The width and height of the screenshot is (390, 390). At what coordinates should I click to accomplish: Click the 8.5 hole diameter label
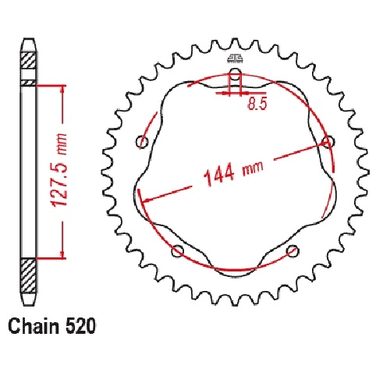257,104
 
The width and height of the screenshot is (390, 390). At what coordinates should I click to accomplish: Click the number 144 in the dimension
219,175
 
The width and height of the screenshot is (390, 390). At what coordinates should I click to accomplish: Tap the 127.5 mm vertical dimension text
59,170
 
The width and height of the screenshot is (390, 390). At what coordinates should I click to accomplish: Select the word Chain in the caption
34,326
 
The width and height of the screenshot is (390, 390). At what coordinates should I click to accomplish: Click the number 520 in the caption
80,326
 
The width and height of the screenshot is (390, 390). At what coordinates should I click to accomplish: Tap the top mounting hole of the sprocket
236,73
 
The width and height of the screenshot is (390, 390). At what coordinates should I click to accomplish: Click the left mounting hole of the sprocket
143,142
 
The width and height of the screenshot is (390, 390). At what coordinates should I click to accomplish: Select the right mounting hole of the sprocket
328,142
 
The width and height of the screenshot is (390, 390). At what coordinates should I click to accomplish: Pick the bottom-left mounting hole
178,250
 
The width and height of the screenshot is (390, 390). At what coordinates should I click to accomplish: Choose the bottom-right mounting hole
292,250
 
